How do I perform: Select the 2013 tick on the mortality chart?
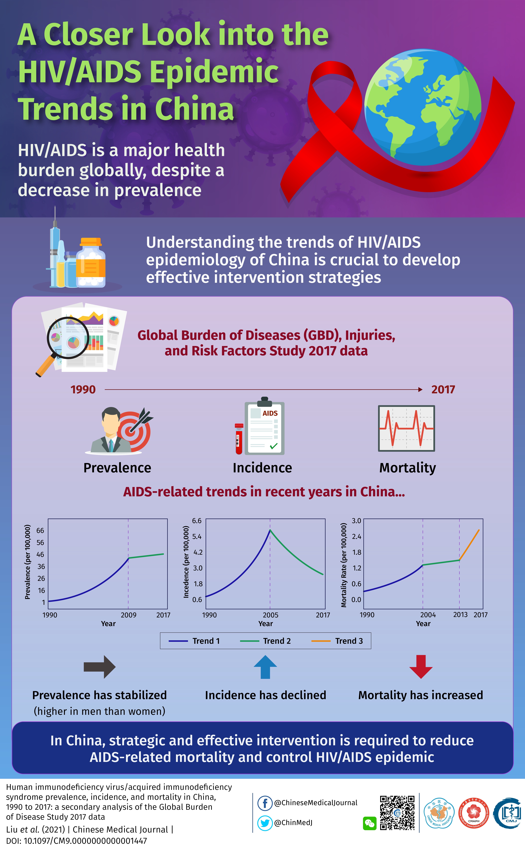pyautogui.click(x=460, y=615)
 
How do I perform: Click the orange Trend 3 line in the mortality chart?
pyautogui.click(x=469, y=545)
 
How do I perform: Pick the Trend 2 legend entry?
pyautogui.click(x=266, y=641)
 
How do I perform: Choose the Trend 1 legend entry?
pyautogui.click(x=194, y=641)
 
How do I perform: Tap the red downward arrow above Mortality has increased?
pyautogui.click(x=421, y=666)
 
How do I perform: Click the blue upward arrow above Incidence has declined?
pyautogui.click(x=265, y=666)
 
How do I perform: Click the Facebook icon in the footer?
pyautogui.click(x=265, y=803)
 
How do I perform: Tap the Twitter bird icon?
pyautogui.click(x=265, y=823)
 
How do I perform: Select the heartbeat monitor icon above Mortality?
pyautogui.click(x=406, y=428)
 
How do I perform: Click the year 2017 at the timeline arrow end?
pyautogui.click(x=443, y=389)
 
